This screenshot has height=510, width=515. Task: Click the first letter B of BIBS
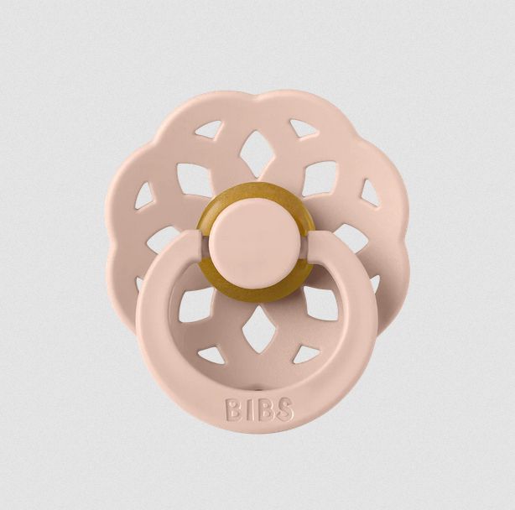click(233, 409)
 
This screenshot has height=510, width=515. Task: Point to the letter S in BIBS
click(284, 409)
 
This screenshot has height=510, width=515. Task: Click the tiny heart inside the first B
click(232, 403)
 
